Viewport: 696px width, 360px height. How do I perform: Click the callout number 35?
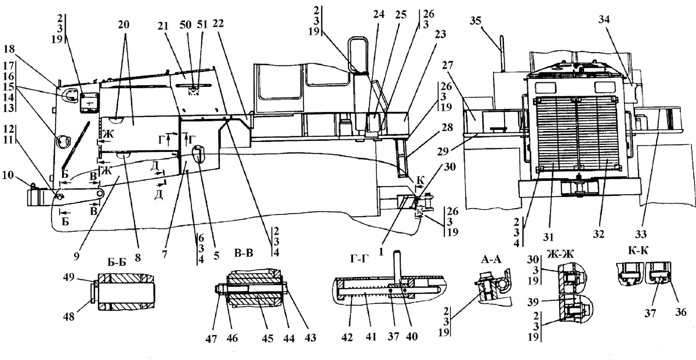(476, 21)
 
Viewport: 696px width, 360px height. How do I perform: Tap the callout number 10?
(8, 175)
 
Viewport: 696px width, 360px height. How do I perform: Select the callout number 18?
(9, 49)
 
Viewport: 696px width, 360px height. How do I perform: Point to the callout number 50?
(186, 24)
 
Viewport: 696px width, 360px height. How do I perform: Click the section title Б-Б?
(117, 263)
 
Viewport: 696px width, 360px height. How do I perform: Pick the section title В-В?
(244, 253)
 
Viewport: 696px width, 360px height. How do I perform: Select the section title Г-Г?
(359, 258)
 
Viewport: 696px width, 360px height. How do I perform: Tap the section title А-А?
(491, 259)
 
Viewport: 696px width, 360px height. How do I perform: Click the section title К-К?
(638, 250)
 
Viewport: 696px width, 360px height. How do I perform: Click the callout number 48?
(69, 317)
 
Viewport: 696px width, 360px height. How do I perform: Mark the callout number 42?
(347, 337)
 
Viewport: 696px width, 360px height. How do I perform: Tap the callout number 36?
(681, 312)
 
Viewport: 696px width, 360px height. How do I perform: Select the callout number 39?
(533, 301)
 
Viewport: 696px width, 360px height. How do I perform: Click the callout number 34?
(604, 19)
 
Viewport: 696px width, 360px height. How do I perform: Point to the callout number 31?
(549, 237)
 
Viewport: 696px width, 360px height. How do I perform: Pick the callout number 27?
(447, 66)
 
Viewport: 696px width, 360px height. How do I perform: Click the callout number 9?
(77, 256)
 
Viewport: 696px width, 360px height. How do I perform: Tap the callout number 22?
(218, 23)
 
